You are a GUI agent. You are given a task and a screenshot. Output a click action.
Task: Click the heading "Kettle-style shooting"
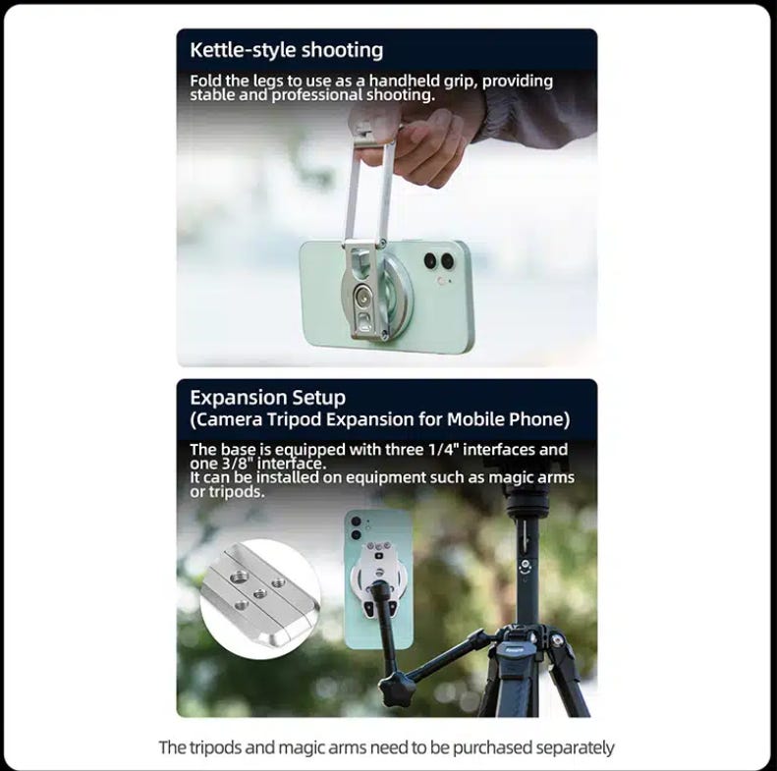[287, 50]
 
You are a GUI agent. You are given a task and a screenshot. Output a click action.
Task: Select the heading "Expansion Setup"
[267, 398]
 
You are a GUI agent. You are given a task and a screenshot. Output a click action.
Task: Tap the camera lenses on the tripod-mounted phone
[356, 528]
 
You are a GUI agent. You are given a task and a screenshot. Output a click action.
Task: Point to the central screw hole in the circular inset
[258, 593]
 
